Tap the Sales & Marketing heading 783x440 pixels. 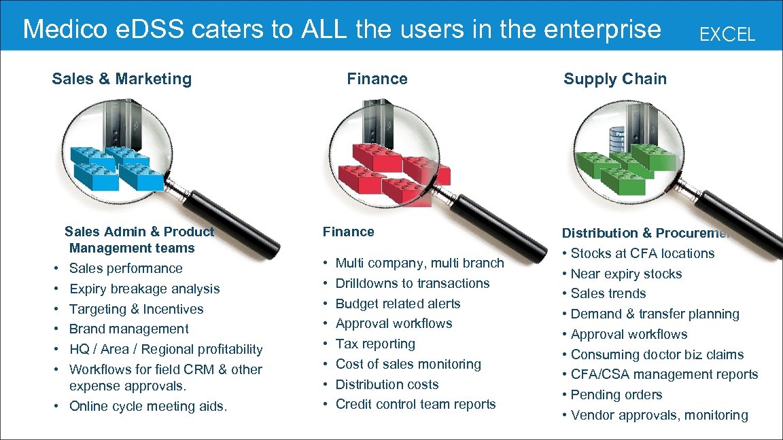point(122,79)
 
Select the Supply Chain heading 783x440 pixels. point(614,79)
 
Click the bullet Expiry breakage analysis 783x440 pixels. point(144,289)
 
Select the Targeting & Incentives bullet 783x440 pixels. point(136,309)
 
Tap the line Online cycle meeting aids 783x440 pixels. point(148,407)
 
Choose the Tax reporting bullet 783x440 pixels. point(375,344)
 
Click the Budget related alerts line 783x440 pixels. point(398,304)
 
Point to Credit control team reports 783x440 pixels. point(415,404)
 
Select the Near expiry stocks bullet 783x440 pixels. point(626,274)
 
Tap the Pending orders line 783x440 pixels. point(616,395)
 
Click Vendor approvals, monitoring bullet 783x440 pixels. point(659,415)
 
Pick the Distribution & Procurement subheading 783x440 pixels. point(645,233)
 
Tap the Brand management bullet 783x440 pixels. point(128,329)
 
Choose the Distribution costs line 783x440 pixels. point(387,384)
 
